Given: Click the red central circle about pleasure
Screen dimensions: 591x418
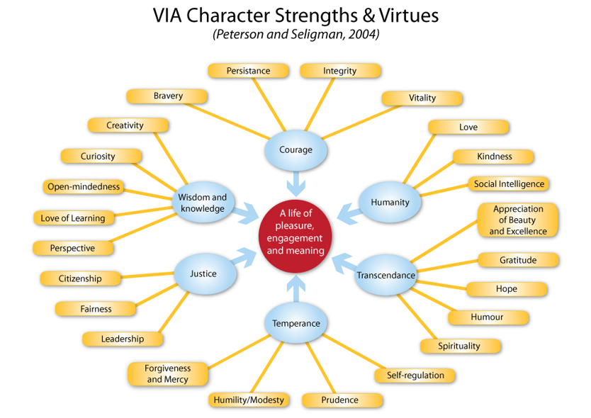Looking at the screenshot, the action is tap(295, 236).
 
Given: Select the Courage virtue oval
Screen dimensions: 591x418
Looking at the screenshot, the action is tap(295, 150).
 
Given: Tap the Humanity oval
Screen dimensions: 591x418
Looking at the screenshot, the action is tap(390, 203).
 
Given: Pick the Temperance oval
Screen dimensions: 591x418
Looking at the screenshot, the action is tap(296, 323).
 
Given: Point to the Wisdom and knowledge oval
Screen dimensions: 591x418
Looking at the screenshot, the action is tap(203, 203).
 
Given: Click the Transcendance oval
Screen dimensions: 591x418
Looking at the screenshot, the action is tap(386, 275).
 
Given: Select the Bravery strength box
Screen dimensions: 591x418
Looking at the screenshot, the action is tap(167, 96).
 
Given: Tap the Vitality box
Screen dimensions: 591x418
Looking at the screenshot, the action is tap(422, 98).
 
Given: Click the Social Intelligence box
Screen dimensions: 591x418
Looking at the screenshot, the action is tap(509, 184).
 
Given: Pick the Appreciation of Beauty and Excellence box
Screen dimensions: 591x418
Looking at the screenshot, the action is tap(518, 220).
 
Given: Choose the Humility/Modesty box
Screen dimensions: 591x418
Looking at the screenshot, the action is tap(249, 400).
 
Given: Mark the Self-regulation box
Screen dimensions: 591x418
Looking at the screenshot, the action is tap(415, 375).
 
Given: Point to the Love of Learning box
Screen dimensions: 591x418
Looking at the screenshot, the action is tap(74, 218).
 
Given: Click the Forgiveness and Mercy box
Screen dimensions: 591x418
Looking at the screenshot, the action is tap(168, 374).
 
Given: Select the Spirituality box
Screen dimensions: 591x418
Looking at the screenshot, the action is tap(461, 346).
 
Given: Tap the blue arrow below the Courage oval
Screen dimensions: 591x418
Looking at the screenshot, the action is tap(296, 183).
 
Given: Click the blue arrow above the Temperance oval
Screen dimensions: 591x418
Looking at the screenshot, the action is tap(296, 289).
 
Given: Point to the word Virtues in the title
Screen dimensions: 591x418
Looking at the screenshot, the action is tap(409, 16).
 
